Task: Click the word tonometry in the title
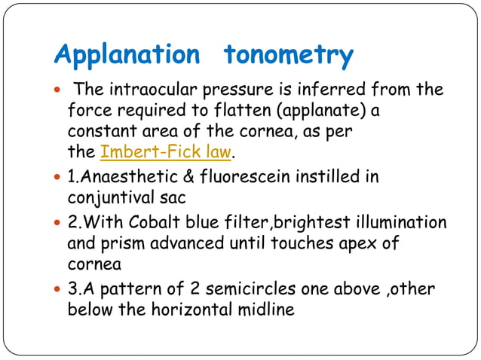click(x=289, y=55)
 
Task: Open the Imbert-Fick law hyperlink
click(x=165, y=154)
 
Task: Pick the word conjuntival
click(x=112, y=198)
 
